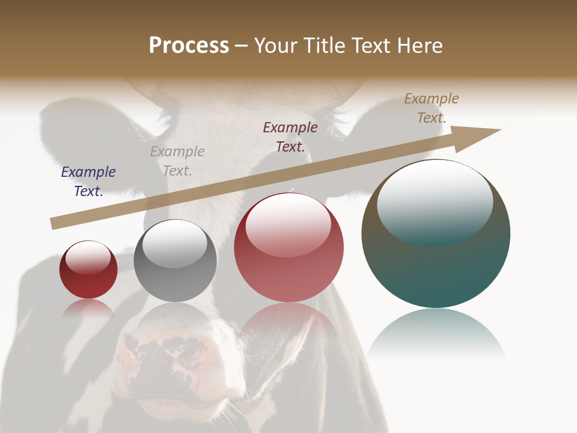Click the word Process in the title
click(189, 46)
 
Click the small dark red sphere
click(88, 277)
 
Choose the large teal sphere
click(436, 265)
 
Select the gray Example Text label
click(177, 161)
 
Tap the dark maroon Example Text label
click(290, 137)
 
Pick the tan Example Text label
click(432, 108)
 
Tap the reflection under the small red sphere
click(88, 308)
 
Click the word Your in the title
click(276, 46)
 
